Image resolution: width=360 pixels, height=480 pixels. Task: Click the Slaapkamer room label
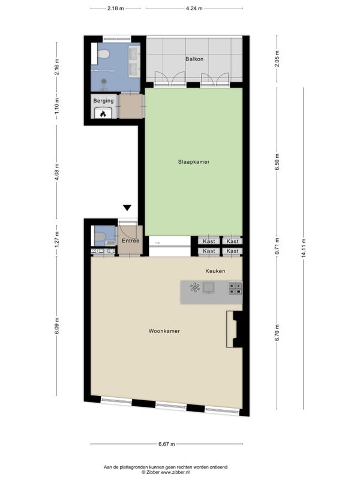pyautogui.click(x=194, y=162)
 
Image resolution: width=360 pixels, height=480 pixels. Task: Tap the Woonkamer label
pyautogui.click(x=164, y=331)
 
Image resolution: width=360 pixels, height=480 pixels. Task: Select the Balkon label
pyautogui.click(x=194, y=59)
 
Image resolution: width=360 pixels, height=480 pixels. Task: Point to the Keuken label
pyautogui.click(x=215, y=271)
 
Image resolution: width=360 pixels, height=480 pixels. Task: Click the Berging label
pyautogui.click(x=103, y=101)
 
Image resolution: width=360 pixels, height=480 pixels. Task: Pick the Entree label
pyautogui.click(x=130, y=241)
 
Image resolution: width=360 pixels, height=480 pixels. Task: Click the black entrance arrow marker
pyautogui.click(x=127, y=208)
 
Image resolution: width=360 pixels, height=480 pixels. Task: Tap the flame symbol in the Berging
pyautogui.click(x=103, y=113)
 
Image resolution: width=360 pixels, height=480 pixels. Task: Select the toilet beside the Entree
pyautogui.click(x=99, y=236)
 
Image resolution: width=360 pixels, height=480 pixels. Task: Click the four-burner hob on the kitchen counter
pyautogui.click(x=235, y=289)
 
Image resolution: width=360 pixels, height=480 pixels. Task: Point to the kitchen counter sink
pyautogui.click(x=209, y=288)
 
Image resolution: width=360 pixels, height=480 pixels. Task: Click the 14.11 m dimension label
pyautogui.click(x=304, y=248)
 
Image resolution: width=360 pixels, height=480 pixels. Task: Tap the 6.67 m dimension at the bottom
pyautogui.click(x=167, y=444)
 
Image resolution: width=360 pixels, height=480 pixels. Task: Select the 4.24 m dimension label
pyautogui.click(x=194, y=8)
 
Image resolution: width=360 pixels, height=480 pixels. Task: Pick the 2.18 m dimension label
pyautogui.click(x=115, y=8)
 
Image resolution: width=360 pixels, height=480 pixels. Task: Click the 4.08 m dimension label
pyautogui.click(x=57, y=172)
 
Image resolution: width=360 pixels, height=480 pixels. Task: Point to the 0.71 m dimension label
pyautogui.click(x=277, y=246)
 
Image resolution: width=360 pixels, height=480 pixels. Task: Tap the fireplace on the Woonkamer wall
pyautogui.click(x=234, y=329)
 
